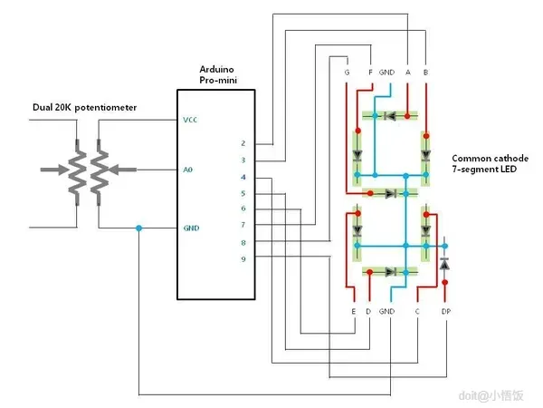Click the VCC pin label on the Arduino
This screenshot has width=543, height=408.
point(190,120)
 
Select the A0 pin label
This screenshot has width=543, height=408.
point(188,169)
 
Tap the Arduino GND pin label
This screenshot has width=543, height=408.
point(190,228)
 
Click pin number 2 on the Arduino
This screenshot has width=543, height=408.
point(243,143)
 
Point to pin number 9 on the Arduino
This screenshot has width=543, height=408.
point(243,259)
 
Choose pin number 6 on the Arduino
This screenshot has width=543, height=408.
point(243,209)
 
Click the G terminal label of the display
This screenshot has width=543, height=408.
point(347,71)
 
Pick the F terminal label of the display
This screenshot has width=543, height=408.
point(370,71)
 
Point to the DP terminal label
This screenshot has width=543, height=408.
point(445,311)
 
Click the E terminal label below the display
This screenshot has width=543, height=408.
point(352,311)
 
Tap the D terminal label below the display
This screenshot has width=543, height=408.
point(368,311)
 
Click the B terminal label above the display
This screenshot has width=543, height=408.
point(425,71)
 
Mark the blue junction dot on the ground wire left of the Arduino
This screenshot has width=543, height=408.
point(138,228)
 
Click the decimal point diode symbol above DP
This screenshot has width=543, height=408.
point(444,264)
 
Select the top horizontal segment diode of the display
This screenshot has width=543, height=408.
point(389,116)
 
